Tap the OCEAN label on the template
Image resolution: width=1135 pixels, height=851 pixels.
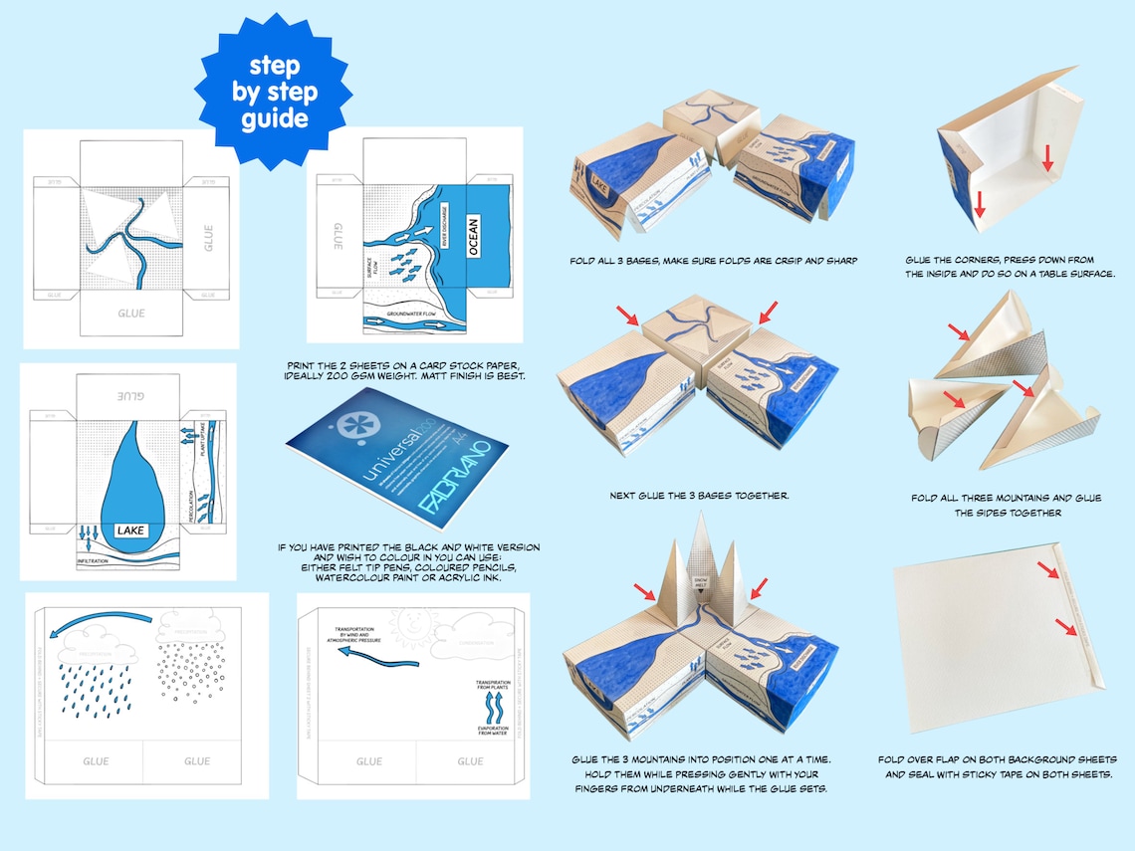pos(473,237)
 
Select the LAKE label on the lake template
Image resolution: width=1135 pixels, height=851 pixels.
pos(130,531)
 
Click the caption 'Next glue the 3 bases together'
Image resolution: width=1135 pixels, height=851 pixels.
pos(699,495)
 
